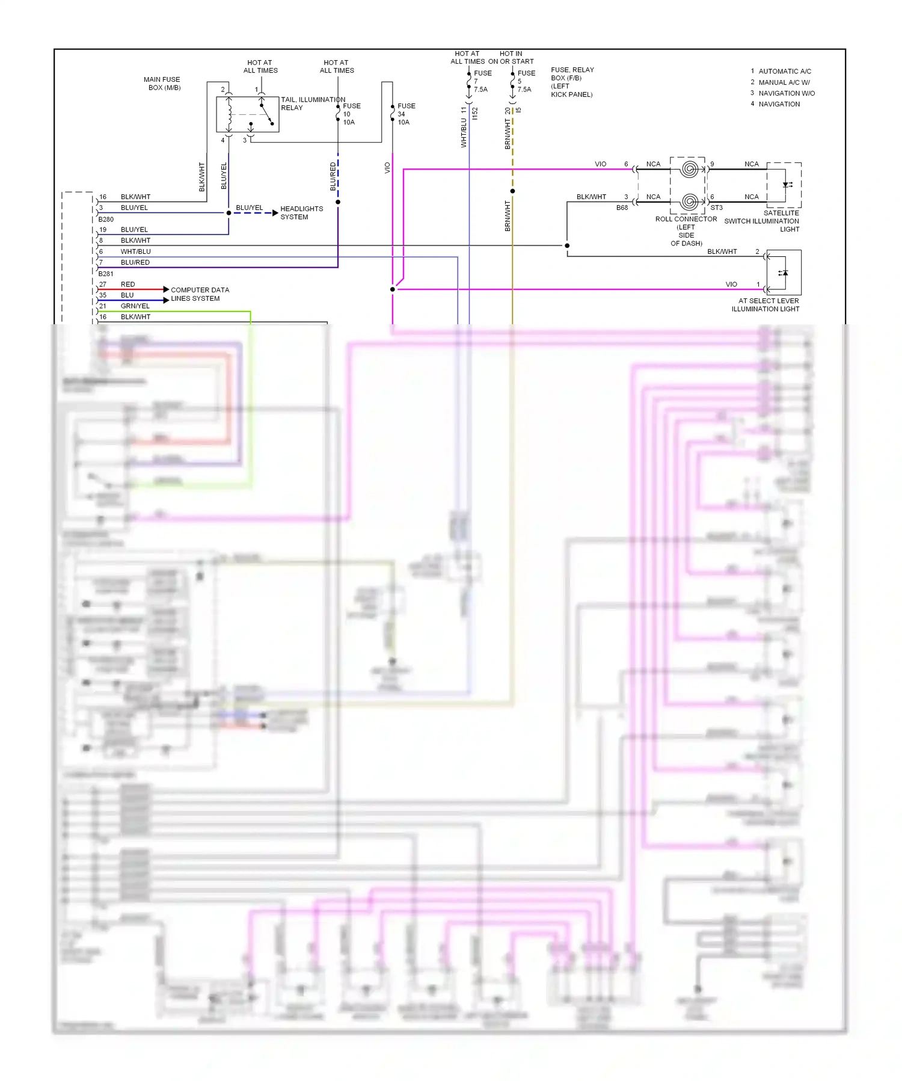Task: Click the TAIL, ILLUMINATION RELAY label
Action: tap(313, 103)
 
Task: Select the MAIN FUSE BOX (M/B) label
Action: tap(162, 84)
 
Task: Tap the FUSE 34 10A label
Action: tap(405, 114)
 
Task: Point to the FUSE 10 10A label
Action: tap(351, 114)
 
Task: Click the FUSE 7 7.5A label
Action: tap(482, 81)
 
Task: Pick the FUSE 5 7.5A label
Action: tap(526, 81)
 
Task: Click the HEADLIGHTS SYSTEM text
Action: tap(301, 213)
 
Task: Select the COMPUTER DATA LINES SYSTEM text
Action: tap(200, 294)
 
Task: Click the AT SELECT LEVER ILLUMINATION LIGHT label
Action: tap(765, 305)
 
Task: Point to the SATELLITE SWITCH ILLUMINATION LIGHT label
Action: tap(762, 221)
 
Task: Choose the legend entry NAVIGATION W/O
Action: tap(787, 93)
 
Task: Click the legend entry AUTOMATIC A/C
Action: tap(785, 71)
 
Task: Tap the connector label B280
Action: tap(106, 220)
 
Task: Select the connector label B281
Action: tap(106, 274)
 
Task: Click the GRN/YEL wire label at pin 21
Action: tap(135, 306)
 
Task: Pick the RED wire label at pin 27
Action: tap(127, 285)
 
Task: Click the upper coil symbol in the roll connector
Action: tap(690, 169)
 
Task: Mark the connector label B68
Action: tap(622, 208)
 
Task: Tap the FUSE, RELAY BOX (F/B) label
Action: tap(572, 82)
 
